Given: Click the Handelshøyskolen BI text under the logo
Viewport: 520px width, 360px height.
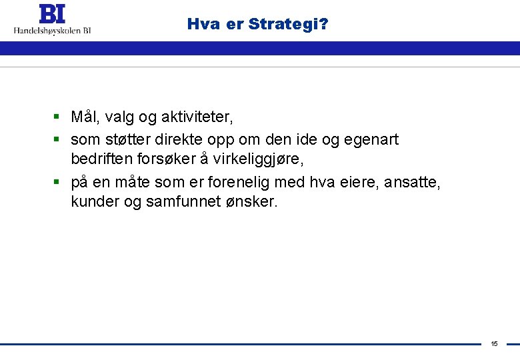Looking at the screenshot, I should [x=53, y=30].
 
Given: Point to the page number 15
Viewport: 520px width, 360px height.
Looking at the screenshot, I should [x=494, y=344].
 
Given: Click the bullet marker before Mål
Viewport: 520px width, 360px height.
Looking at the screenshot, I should [x=58, y=118].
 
